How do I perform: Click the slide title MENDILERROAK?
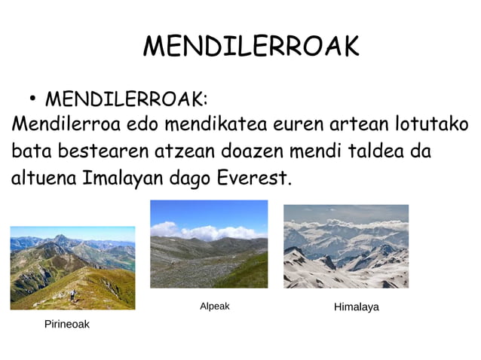(x=251, y=47)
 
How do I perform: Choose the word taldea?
(x=375, y=151)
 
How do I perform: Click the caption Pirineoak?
(x=66, y=325)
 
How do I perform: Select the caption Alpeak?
(x=214, y=307)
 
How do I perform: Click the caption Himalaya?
(x=356, y=307)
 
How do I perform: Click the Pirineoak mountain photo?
(x=72, y=268)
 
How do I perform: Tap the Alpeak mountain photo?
(x=209, y=244)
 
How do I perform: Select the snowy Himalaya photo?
(x=346, y=246)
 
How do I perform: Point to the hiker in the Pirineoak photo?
(x=73, y=296)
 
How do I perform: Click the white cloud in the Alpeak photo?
(x=204, y=230)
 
